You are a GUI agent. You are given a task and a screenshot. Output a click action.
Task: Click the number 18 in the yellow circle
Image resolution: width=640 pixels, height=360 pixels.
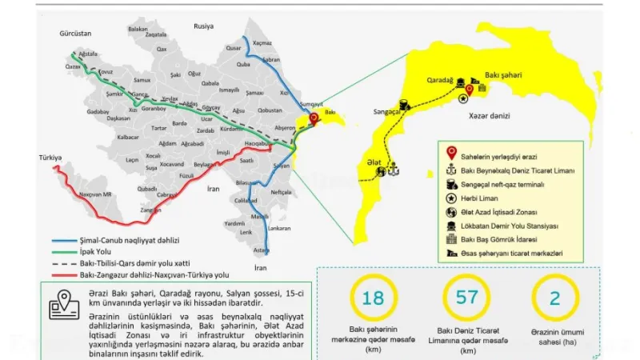click(x=373, y=298)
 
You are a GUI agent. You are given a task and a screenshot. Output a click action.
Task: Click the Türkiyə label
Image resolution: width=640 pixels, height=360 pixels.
click(x=50, y=158)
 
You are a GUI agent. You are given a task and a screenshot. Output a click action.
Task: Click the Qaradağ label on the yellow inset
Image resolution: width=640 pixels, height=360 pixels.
click(x=440, y=80)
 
